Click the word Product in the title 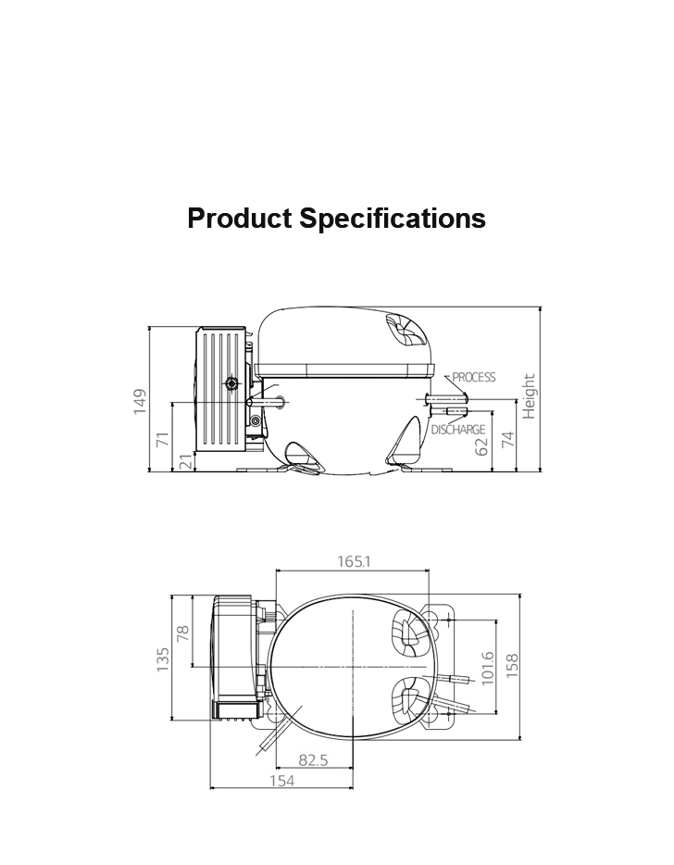click(x=240, y=219)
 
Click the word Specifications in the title click(x=393, y=219)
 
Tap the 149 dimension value click(x=140, y=402)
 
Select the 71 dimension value click(x=163, y=440)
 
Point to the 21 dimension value click(x=188, y=462)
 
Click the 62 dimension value click(x=481, y=446)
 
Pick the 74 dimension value click(x=507, y=440)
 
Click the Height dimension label click(x=529, y=396)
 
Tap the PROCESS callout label click(x=474, y=377)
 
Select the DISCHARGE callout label click(x=457, y=429)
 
